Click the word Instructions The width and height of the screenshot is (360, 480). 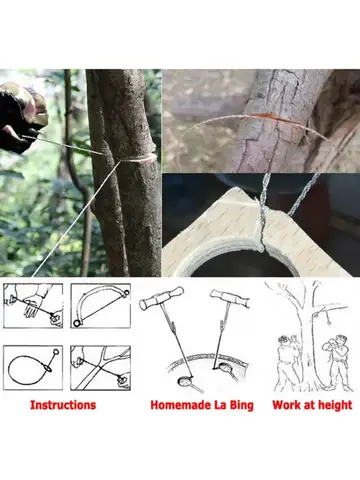click(63, 405)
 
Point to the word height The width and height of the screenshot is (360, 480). click(332, 405)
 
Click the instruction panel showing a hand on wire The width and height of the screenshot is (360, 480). click(32, 304)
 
